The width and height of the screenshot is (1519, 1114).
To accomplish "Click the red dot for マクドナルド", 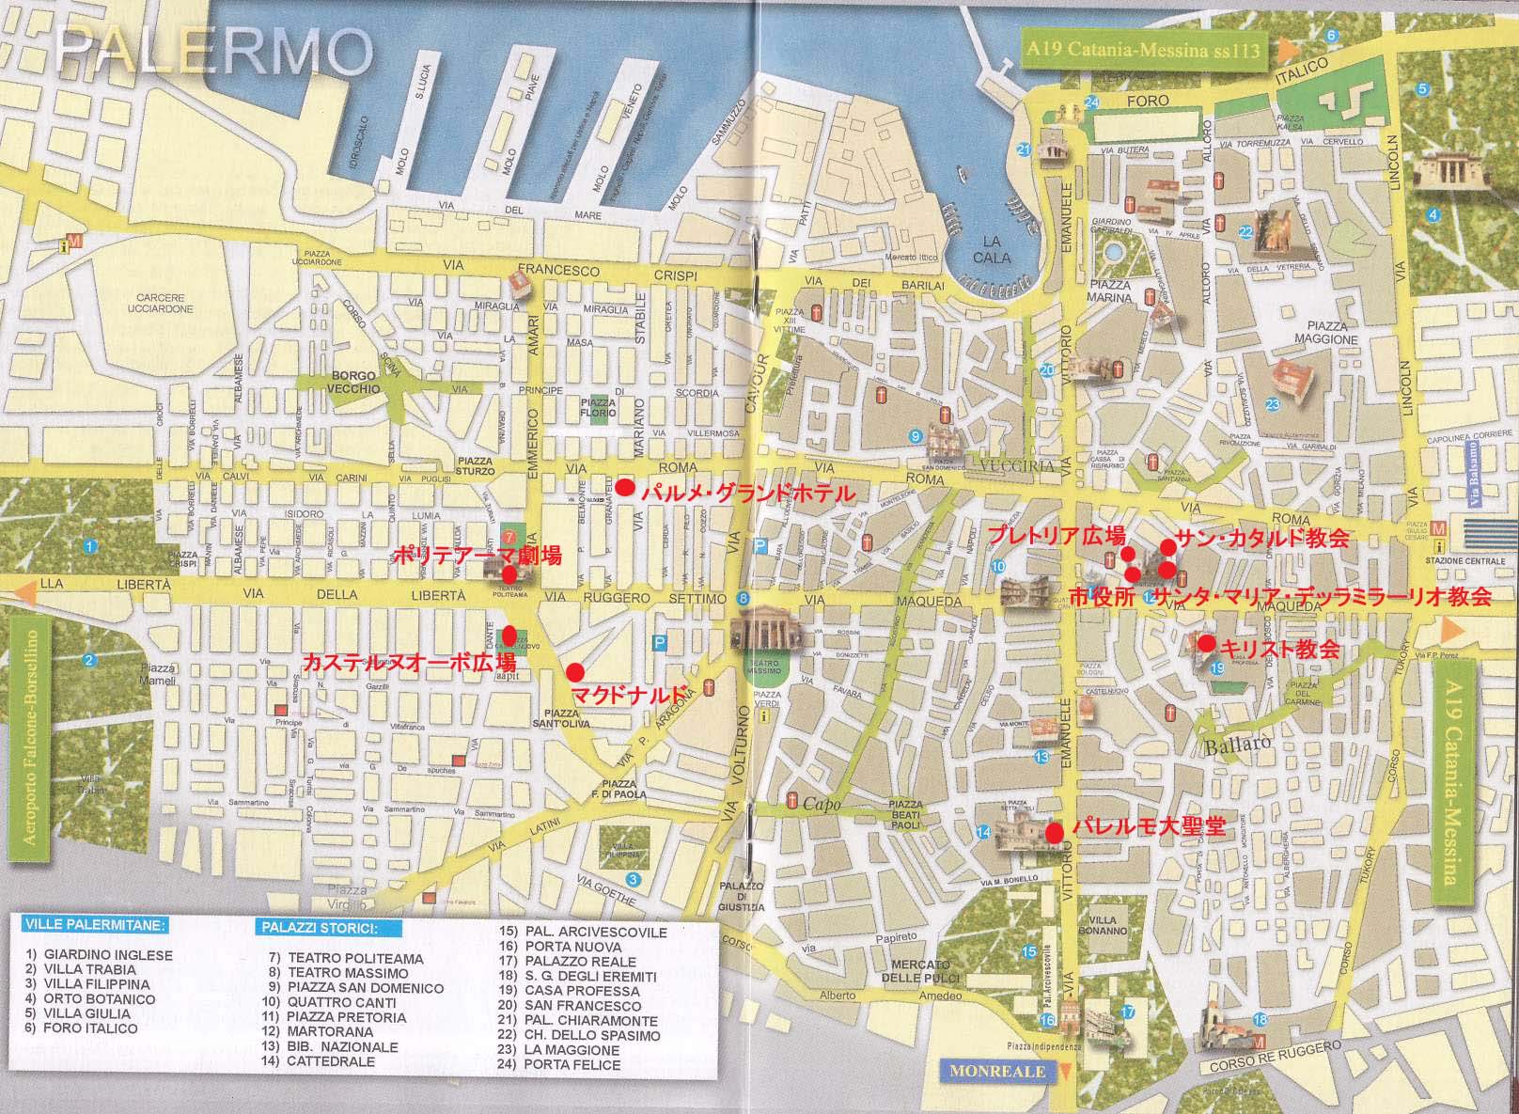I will [x=575, y=671].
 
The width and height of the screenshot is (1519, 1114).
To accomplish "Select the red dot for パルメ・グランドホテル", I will [x=624, y=487].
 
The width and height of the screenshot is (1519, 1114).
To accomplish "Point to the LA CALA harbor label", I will [x=993, y=249].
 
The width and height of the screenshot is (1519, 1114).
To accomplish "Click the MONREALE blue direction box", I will [x=984, y=1071].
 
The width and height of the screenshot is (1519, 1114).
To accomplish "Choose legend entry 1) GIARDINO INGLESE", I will [x=100, y=954].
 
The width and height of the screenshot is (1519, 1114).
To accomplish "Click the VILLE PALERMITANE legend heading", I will [x=94, y=924].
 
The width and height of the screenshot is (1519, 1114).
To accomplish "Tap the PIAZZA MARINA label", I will [x=1110, y=290].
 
